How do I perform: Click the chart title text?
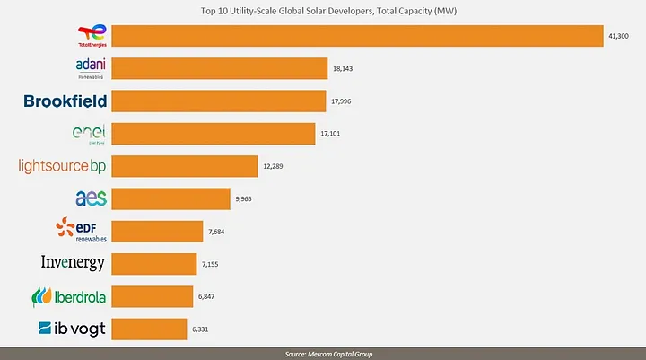pos(323,11)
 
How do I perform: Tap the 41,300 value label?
pos(620,36)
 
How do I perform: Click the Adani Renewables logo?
pos(91,68)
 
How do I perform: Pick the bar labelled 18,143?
pos(219,68)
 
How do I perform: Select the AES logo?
pos(91,198)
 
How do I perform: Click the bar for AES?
pos(170,198)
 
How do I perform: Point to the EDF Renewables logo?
pos(82,231)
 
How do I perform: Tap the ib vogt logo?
pos(73,329)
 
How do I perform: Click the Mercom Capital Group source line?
pos(323,353)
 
